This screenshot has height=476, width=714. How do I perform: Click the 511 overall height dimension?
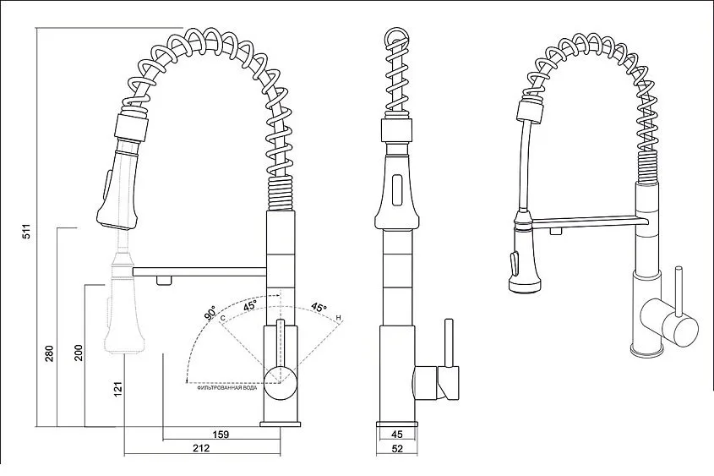(27, 231)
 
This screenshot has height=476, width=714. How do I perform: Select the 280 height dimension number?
(49, 353)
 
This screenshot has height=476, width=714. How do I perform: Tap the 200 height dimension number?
(79, 353)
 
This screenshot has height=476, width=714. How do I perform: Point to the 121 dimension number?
(118, 389)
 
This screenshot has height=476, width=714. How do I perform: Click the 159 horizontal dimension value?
(221, 434)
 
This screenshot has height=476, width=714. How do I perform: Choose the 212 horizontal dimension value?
(201, 448)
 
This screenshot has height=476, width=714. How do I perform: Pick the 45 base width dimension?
(397, 434)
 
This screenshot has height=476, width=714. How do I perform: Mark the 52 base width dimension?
(397, 448)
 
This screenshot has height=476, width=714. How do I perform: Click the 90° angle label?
(210, 313)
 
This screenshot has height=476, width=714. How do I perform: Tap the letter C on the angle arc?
(223, 318)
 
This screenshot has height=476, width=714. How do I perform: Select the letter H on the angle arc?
(338, 318)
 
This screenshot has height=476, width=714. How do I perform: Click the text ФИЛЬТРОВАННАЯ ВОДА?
(226, 387)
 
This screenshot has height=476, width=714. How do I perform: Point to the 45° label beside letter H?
(319, 308)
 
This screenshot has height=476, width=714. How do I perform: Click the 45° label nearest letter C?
(249, 305)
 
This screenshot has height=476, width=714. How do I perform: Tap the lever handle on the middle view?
(450, 342)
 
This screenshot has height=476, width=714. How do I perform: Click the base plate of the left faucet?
(280, 424)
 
